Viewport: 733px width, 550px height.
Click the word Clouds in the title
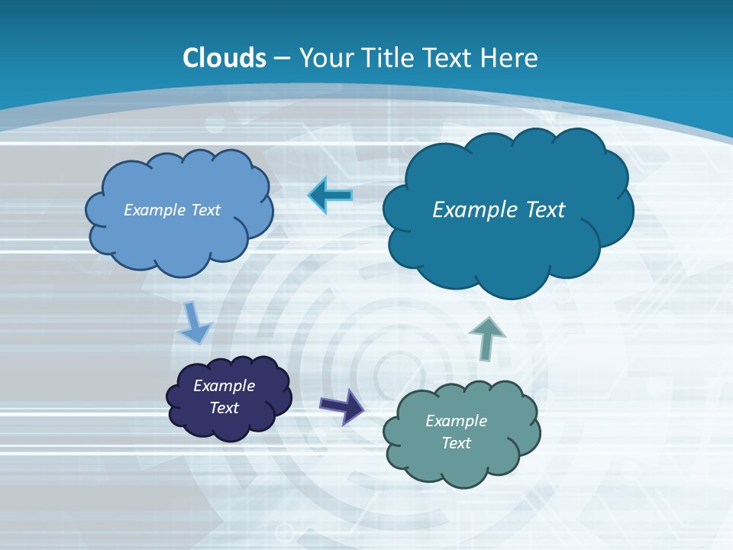224,58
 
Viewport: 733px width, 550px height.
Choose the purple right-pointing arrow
342,406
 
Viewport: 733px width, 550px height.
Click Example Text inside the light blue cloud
173,210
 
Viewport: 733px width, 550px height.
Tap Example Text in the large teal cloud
499,210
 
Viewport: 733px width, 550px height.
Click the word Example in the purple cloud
224,386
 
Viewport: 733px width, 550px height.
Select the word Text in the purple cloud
224,408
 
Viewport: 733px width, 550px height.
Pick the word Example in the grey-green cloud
456,421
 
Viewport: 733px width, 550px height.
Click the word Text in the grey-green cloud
456,443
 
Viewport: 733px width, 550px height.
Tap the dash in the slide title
283,59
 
